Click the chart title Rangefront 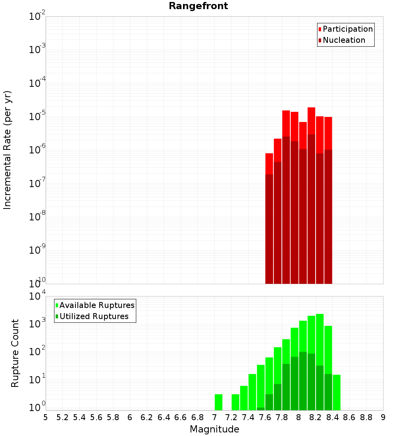click(198, 6)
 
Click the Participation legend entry click(348, 29)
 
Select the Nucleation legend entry click(344, 40)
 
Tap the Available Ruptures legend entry click(97, 305)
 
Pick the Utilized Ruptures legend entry click(94, 316)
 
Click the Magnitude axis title click(214, 429)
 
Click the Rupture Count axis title click(15, 353)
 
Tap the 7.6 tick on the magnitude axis click(265, 417)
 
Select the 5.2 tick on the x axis click(62, 417)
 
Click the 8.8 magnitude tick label click(366, 417)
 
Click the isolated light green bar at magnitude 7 click(218, 402)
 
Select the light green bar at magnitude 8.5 click(337, 392)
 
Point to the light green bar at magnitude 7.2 click(235, 402)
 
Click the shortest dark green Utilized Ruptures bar click(261, 409)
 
